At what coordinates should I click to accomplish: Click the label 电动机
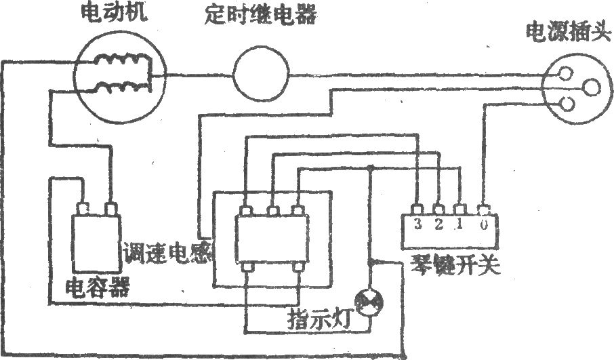114,14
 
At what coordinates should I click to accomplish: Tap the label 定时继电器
260,16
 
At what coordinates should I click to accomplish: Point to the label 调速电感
167,253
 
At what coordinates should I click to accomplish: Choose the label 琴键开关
455,266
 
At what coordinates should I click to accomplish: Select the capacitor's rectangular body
96,243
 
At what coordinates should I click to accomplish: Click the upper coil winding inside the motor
122,60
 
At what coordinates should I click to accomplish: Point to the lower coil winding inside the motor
122,87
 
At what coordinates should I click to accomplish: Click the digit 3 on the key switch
418,224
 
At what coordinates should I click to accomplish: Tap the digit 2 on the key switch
438,224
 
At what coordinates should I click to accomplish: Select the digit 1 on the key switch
459,224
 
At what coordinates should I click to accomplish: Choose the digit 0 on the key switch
484,225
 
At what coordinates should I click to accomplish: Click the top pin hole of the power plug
566,73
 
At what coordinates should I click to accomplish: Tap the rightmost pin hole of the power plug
591,87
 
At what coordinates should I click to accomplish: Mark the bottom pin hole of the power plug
567,104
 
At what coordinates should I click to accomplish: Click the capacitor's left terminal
83,208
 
